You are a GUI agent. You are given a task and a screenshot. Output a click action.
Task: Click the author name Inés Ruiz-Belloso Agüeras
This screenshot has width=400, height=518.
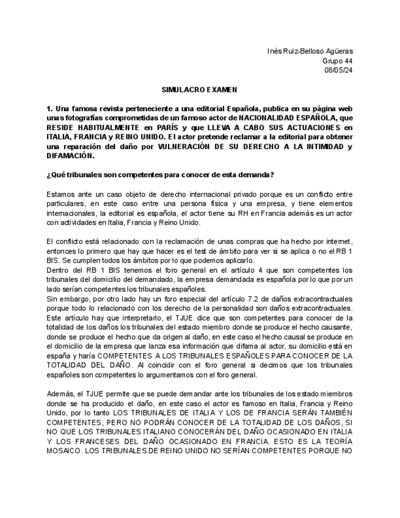coord(310,51)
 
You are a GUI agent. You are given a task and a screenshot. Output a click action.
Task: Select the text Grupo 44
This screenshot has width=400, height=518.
coord(337,60)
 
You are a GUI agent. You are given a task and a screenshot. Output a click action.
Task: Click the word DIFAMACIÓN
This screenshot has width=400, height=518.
coord(69,156)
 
